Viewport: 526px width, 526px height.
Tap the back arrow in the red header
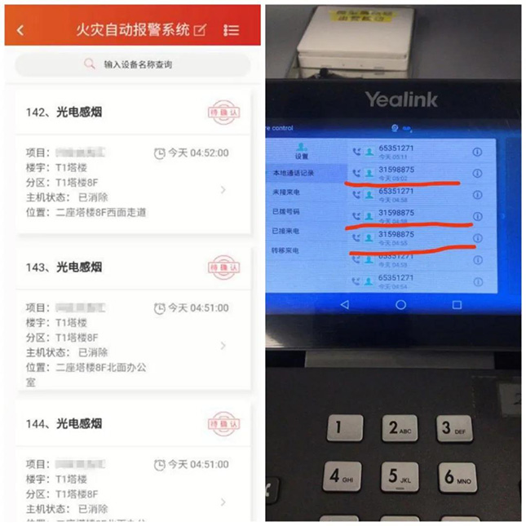(x=20, y=30)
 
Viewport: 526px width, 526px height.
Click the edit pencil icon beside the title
(x=200, y=30)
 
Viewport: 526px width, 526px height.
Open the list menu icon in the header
(x=232, y=30)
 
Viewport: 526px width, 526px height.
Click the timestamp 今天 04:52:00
(x=192, y=152)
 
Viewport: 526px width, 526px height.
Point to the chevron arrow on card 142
(x=223, y=190)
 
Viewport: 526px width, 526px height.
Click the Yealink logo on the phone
(x=400, y=99)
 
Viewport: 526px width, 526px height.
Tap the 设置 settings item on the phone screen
(x=302, y=152)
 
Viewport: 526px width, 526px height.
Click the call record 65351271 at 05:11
(x=396, y=152)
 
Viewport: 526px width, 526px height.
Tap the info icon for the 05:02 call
(x=477, y=174)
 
